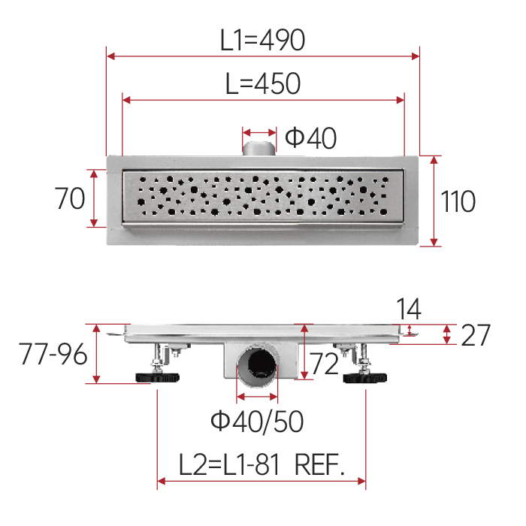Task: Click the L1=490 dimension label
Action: (x=262, y=40)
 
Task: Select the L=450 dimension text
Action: (x=263, y=83)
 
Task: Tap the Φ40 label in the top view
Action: (x=310, y=138)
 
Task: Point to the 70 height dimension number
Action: (x=70, y=198)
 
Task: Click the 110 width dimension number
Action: (x=458, y=201)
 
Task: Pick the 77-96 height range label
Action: (x=53, y=354)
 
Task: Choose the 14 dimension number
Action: (x=409, y=309)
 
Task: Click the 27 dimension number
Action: (x=476, y=335)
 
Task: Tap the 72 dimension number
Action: (x=324, y=364)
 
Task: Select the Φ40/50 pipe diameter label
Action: (x=257, y=422)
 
